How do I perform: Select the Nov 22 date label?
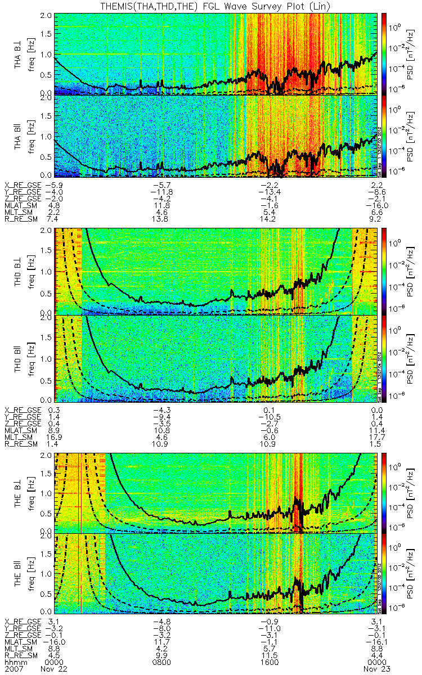(52, 669)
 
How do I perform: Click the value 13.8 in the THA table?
(162, 217)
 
